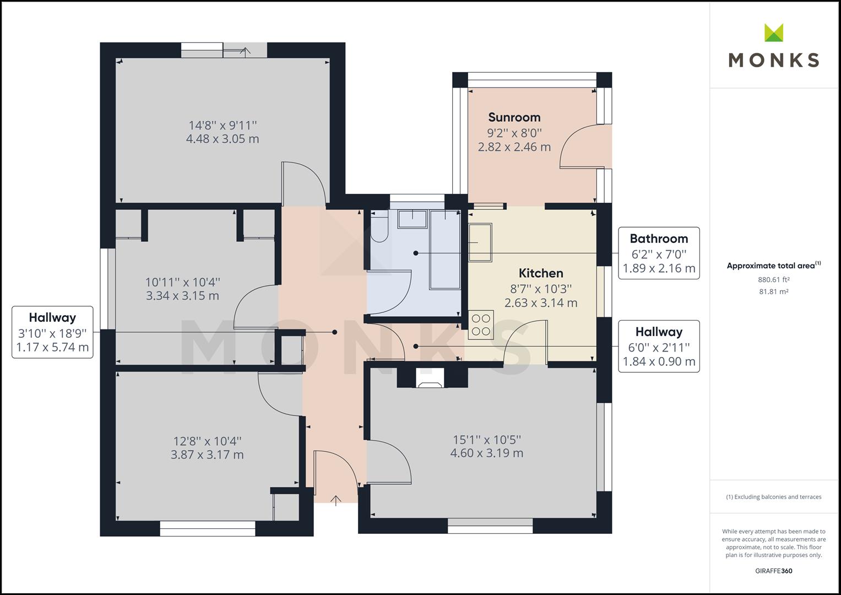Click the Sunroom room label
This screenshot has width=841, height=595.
(514, 117)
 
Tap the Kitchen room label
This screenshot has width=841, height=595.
(541, 273)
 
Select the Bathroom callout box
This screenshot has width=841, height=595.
(659, 253)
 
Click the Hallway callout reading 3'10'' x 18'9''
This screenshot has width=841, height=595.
(52, 332)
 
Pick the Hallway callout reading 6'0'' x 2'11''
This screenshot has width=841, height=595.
(659, 346)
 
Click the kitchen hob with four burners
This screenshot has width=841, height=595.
(481, 324)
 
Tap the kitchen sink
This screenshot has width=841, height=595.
(480, 242)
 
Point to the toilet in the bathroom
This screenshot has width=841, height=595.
(379, 229)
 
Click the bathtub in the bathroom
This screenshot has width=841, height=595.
(445, 249)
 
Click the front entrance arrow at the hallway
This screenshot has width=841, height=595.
(335, 500)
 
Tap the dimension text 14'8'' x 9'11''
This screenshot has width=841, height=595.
(223, 126)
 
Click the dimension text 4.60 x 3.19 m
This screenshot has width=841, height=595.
(486, 453)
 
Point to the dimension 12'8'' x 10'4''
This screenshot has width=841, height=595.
(207, 441)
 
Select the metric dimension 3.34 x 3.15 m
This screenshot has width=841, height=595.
(182, 296)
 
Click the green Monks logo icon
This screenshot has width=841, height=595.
(774, 33)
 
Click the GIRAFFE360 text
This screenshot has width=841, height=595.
(773, 571)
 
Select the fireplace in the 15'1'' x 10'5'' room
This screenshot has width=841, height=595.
(428, 378)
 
